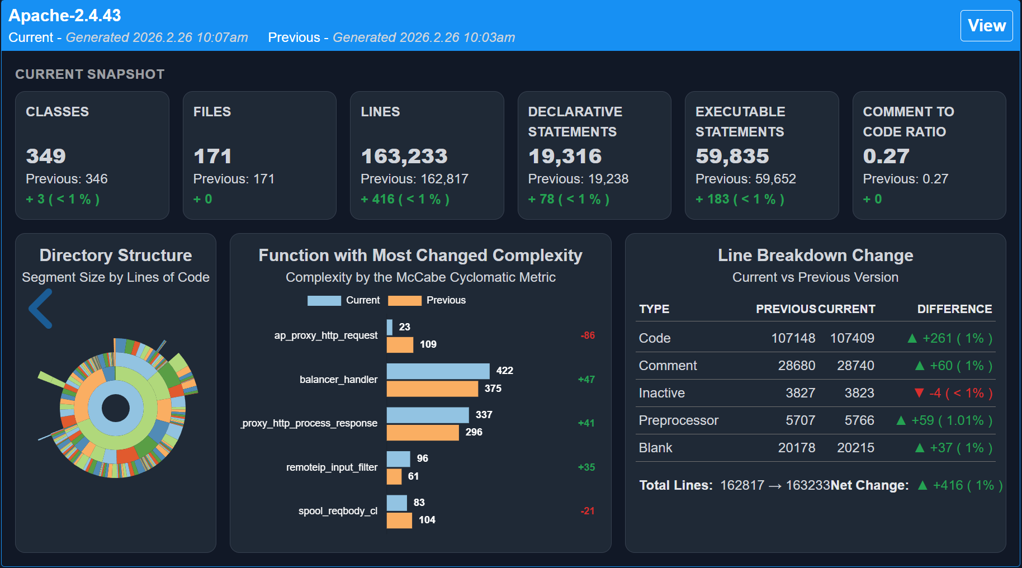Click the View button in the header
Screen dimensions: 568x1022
point(986,26)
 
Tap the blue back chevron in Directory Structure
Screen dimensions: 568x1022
point(41,309)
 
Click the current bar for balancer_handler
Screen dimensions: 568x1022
point(438,371)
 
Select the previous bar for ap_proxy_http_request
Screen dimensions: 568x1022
point(400,345)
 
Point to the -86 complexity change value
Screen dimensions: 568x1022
point(588,335)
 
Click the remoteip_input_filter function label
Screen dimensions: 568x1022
point(332,467)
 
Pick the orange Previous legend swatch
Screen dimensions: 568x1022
point(404,301)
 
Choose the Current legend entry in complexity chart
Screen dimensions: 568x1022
point(343,301)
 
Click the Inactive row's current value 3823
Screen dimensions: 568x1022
point(859,393)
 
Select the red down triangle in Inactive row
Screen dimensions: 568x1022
point(919,393)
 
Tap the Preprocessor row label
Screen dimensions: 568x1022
point(678,420)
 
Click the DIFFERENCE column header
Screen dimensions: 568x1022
point(954,309)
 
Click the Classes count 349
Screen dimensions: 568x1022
point(46,156)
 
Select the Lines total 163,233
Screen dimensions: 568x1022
point(404,156)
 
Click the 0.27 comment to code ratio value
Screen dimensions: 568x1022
point(886,156)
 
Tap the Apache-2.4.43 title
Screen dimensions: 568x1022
point(65,16)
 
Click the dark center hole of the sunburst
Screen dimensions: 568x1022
point(116,408)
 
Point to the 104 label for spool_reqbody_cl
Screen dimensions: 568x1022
point(427,520)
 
